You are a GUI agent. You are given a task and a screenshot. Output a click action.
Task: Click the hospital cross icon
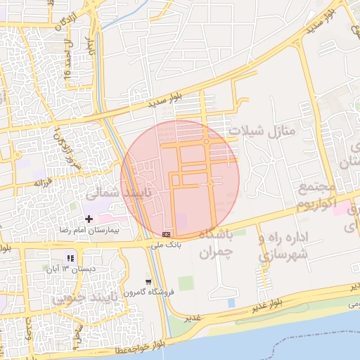pos(88,219)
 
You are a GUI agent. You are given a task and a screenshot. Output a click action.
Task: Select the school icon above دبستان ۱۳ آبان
pos(70,258)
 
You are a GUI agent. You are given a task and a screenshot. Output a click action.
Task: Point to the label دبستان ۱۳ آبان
pos(70,269)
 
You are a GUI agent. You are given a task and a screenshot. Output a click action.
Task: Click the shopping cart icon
pos(148,282)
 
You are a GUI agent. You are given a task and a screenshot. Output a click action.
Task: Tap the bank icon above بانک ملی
pos(166,233)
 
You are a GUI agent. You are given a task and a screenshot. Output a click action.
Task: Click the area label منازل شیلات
pos(265,129)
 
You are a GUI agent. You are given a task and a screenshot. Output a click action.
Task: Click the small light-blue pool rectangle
pos(231,302)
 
